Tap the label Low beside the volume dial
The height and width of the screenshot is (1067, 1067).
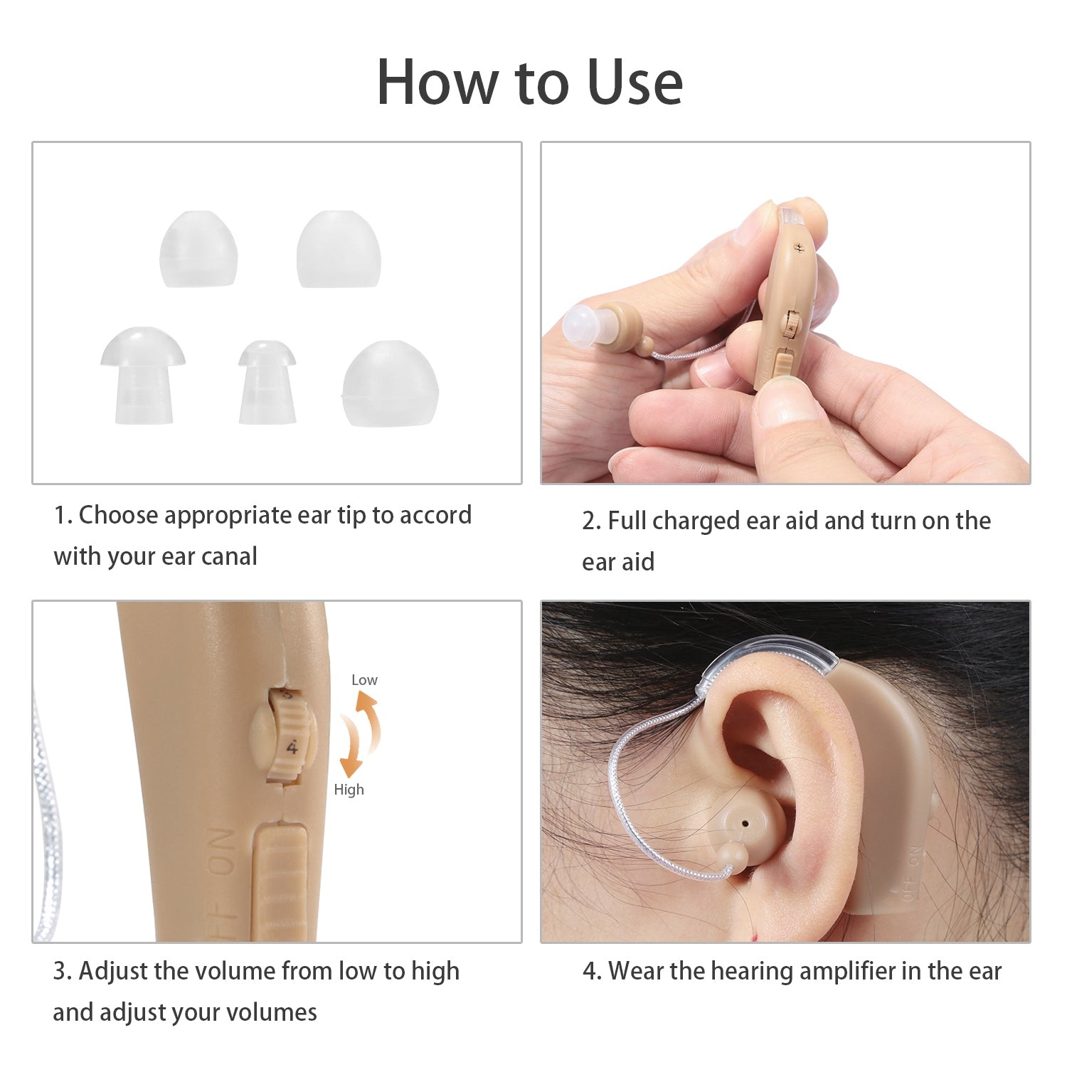pyautogui.click(x=364, y=680)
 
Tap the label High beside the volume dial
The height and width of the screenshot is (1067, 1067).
pyautogui.click(x=349, y=790)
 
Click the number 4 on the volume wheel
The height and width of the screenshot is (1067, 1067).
pyautogui.click(x=292, y=748)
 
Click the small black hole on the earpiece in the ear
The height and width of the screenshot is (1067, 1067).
pyautogui.click(x=744, y=823)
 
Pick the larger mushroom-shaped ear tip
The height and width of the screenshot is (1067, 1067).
pyautogui.click(x=143, y=376)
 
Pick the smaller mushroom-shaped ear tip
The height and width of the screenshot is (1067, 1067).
pyautogui.click(x=267, y=383)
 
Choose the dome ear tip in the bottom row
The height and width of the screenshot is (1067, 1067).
pyautogui.click(x=391, y=383)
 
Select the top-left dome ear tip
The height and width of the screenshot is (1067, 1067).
pyautogui.click(x=198, y=249)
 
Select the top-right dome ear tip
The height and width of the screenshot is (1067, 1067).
pyautogui.click(x=339, y=249)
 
